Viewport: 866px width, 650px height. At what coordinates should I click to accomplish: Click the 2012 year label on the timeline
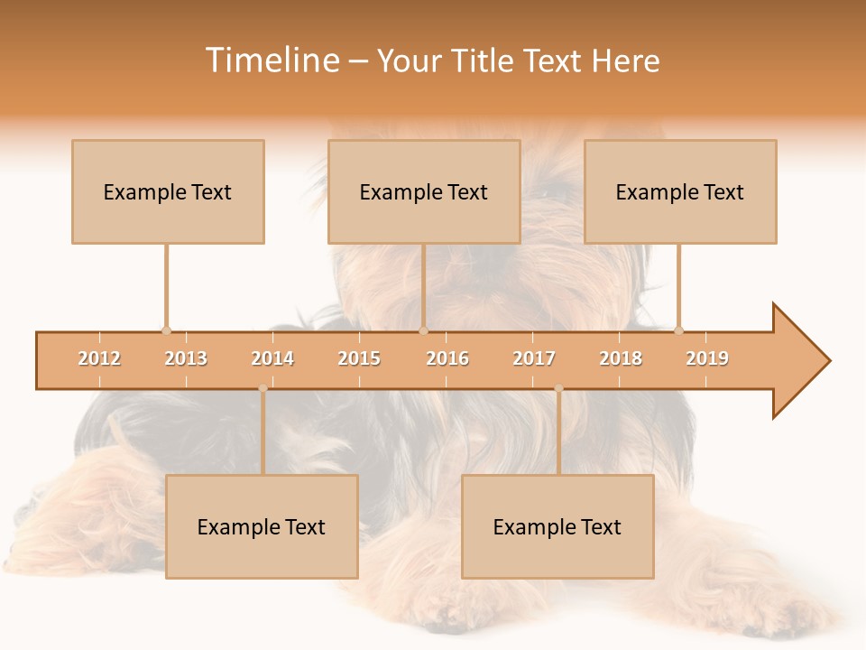[99, 358]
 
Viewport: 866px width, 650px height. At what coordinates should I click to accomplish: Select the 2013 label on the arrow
[186, 358]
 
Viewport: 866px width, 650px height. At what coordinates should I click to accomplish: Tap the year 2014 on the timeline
[272, 358]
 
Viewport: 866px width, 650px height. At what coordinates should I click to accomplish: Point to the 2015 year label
[359, 358]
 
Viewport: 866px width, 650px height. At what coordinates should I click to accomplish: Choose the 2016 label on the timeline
[447, 358]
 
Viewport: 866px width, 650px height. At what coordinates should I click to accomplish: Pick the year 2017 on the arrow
[534, 358]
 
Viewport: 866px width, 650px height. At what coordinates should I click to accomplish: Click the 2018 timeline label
[621, 358]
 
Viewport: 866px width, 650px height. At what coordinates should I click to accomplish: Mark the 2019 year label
[707, 358]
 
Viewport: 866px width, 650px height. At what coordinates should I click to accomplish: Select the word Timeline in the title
[272, 60]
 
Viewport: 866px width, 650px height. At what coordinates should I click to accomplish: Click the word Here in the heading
[625, 60]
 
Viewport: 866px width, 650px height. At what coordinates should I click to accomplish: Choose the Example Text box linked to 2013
[168, 191]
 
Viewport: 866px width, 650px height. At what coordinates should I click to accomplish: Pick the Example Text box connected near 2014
[262, 526]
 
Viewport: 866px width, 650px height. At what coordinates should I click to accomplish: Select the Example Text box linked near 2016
[424, 191]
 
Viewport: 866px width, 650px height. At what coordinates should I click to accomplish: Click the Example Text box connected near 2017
[557, 526]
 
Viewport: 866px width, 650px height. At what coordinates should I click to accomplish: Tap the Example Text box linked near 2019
[680, 191]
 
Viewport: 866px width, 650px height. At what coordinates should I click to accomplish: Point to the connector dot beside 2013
[166, 330]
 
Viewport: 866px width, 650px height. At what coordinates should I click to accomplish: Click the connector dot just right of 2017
[558, 388]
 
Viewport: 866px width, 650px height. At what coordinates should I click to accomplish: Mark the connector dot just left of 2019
[678, 330]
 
